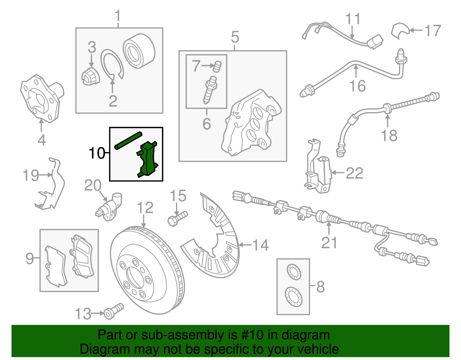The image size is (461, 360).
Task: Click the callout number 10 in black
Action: coord(97,153)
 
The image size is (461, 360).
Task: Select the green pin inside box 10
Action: coord(128,140)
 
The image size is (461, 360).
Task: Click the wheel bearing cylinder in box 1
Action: coord(139,52)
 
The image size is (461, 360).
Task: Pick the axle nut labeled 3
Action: coord(90,76)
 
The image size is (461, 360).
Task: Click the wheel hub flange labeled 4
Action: coord(42,98)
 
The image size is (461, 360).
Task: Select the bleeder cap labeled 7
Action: coord(217,67)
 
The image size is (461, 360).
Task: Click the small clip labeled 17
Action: coord(399,30)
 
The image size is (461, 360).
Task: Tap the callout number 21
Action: coord(329,242)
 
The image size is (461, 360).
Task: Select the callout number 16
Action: coord(357,86)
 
